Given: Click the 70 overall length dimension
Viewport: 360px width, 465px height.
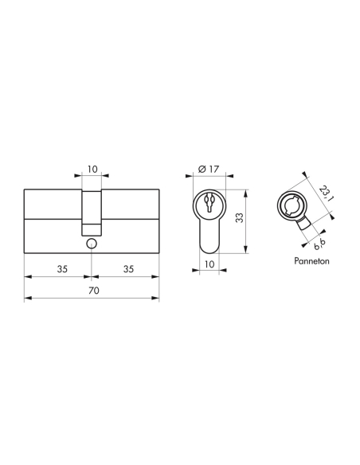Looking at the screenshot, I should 93,291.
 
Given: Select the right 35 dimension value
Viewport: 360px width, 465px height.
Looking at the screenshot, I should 127,269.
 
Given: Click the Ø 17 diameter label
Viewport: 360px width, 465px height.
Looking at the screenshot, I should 207,170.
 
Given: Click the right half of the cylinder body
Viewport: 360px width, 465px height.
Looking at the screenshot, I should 132,221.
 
